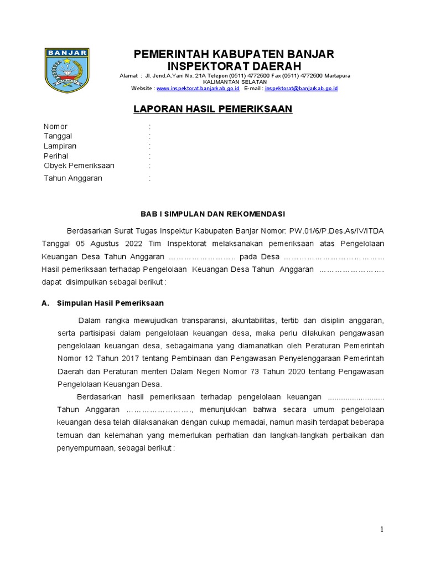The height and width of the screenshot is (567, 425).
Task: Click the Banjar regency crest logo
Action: pos(67,71)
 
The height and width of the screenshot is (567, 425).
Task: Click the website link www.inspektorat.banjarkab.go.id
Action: pos(198,89)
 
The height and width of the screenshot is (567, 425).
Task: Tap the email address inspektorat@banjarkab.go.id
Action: pos(301,89)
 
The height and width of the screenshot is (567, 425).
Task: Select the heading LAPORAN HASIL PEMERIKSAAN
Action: pos(212,109)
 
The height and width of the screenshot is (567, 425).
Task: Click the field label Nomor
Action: pos(55,127)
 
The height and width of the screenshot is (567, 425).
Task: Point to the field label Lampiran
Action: pos(60,146)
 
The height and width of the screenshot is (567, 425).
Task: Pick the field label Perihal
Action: pos(56,156)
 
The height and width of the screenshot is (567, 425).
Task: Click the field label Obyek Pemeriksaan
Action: pos(79,166)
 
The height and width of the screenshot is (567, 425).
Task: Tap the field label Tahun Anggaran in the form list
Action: pos(73,178)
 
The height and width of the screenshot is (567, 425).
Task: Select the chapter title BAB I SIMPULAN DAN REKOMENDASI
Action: pos(212,214)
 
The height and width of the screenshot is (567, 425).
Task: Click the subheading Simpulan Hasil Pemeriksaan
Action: pos(110,303)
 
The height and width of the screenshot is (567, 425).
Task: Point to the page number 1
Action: pos(381,530)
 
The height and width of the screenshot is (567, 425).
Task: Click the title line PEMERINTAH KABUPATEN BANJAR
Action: pos(234,54)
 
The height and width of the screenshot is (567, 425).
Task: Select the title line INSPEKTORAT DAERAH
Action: pos(234,66)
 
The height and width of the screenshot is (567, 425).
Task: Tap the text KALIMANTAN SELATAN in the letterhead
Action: pos(235,82)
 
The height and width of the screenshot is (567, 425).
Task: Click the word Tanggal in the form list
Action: pos(58,136)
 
